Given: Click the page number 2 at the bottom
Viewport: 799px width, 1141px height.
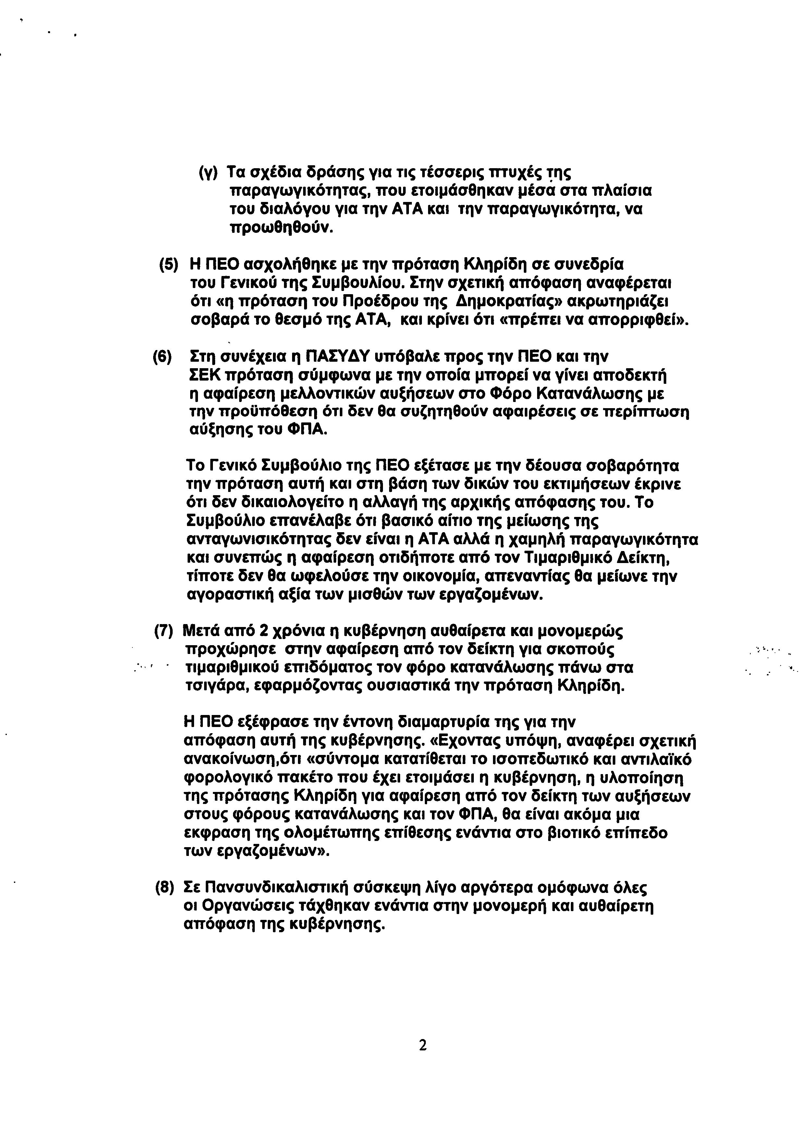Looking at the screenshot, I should (422, 1046).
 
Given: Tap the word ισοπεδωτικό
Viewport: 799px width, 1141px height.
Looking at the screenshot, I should (534, 760).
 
